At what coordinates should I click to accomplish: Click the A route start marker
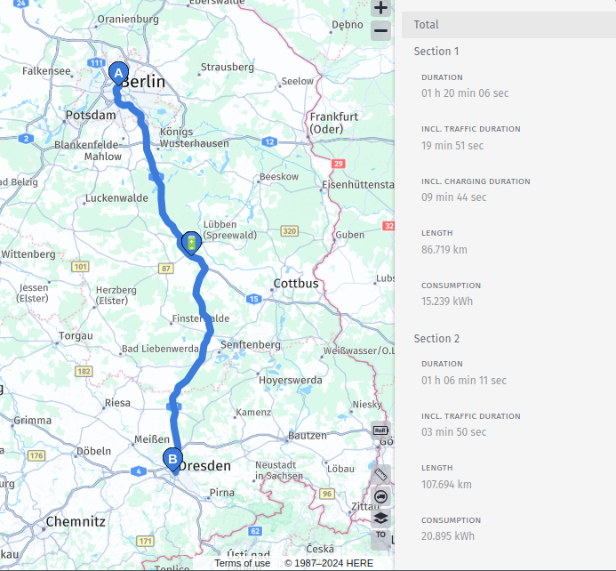[117, 72]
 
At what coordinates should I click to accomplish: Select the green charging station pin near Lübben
[190, 242]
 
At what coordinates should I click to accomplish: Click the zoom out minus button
[380, 31]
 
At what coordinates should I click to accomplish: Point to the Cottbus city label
[295, 283]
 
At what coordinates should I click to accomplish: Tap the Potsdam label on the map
[91, 116]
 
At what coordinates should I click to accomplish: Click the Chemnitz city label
[76, 521]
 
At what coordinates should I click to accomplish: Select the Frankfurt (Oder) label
[333, 123]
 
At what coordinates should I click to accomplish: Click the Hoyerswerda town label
[290, 380]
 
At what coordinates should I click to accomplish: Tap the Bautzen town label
[308, 436]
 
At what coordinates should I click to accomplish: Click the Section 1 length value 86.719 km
[445, 250]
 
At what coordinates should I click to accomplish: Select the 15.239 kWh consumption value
[447, 302]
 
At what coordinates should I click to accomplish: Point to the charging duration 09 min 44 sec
[454, 197]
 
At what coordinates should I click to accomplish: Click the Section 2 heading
[436, 339]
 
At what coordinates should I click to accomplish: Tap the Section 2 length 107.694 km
[447, 485]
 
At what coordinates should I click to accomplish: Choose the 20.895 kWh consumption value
[448, 536]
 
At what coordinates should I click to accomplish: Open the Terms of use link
[242, 563]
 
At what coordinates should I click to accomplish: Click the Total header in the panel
[426, 25]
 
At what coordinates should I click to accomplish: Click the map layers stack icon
[380, 518]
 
